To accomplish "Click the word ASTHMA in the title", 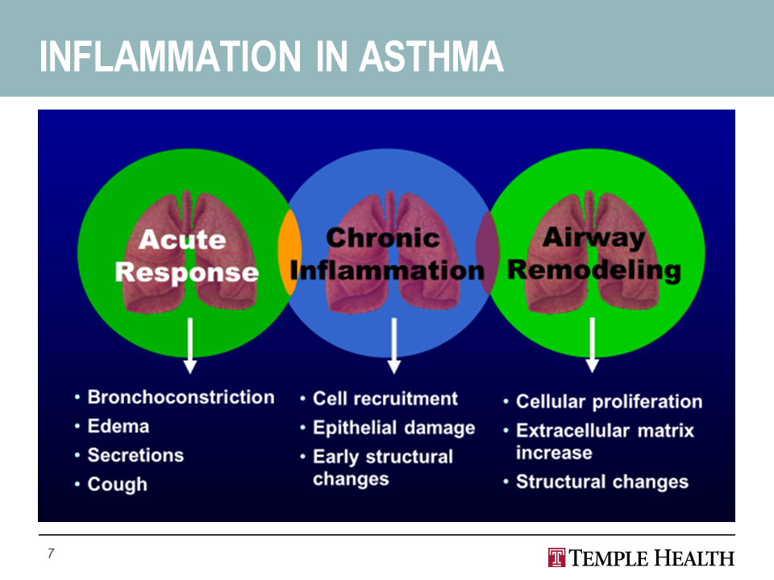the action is (431, 56).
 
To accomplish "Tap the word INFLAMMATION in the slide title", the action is (170, 56).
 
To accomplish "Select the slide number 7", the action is (51, 553).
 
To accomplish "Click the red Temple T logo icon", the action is (557, 557).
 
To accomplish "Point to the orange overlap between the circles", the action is (289, 252).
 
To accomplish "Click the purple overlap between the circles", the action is (488, 252).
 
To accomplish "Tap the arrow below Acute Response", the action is (190, 346).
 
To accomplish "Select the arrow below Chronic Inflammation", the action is (394, 346).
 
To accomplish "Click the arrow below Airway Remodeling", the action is (593, 345).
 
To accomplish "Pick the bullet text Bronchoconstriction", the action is (181, 397).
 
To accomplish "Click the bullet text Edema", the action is (119, 426).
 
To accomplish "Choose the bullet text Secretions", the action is (135, 455).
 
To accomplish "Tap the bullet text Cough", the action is (118, 485).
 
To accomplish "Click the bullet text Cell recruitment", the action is (385, 399).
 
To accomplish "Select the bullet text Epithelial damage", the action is (394, 428).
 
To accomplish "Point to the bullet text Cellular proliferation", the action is (610, 402).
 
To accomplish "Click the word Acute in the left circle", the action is (183, 240).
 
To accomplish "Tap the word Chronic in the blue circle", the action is (383, 238).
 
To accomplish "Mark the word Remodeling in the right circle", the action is (594, 271).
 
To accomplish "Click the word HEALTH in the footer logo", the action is (694, 558).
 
